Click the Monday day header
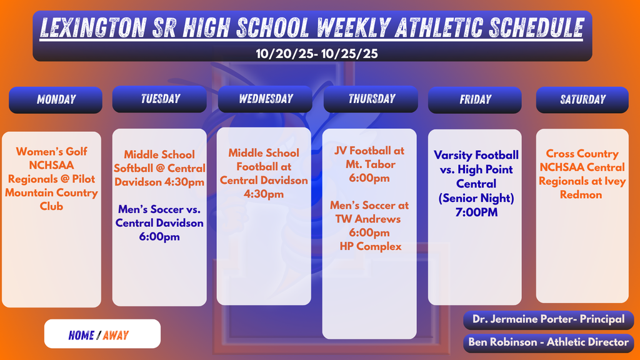(56, 99)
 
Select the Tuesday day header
(159, 99)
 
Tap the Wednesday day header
(265, 99)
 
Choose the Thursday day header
(371, 99)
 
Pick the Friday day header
(475, 99)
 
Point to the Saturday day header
(582, 99)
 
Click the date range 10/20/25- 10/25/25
(317, 54)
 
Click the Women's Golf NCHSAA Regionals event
(51, 179)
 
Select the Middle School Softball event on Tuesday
(159, 168)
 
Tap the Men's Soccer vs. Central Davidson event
(159, 222)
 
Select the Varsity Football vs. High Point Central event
(476, 169)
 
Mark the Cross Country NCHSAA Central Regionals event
(582, 174)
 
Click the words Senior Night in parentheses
(476, 199)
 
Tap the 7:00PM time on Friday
(476, 213)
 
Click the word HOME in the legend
(81, 336)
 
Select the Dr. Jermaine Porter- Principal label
(548, 319)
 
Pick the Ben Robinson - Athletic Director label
(548, 342)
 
